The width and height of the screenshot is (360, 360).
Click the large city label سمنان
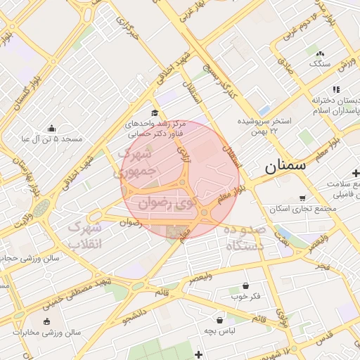285,167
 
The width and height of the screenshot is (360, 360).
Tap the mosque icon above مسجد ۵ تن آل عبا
51,128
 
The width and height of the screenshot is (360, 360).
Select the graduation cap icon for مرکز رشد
155,112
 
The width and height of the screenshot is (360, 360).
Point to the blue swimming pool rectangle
264,111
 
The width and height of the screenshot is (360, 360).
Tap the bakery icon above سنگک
321,53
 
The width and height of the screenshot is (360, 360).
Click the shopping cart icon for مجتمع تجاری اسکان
302,198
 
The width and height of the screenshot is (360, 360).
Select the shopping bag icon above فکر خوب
245,285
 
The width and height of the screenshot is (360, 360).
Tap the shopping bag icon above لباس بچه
220,319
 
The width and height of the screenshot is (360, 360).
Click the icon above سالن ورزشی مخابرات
47,321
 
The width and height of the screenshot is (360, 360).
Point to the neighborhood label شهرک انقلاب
86,236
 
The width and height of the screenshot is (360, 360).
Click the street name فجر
323,266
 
